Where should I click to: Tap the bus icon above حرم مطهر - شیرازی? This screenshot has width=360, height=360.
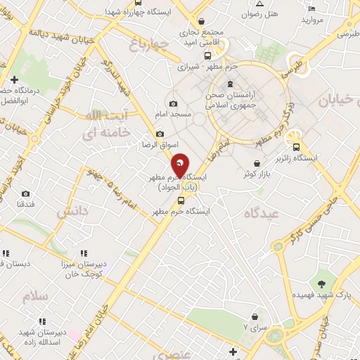pyautogui.click(x=207, y=55)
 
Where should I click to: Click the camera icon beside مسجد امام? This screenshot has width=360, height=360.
pyautogui.click(x=173, y=104)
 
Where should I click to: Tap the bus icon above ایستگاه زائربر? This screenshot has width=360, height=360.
pyautogui.click(x=296, y=148)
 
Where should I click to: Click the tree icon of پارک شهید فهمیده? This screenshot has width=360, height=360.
pyautogui.click(x=321, y=284)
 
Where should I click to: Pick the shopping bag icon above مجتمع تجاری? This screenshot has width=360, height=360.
pyautogui.click(x=202, y=22)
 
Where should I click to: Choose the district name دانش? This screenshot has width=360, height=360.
pyautogui.click(x=73, y=211)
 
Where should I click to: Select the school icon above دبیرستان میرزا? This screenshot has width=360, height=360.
pyautogui.click(x=83, y=253)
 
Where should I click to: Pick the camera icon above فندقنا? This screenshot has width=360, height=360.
pyautogui.click(x=26, y=193)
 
